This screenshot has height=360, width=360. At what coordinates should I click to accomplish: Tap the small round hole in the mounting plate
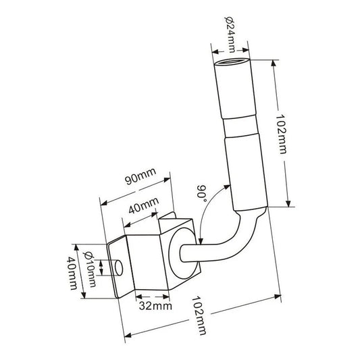117,269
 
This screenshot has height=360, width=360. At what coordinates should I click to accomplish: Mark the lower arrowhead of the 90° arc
202,240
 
